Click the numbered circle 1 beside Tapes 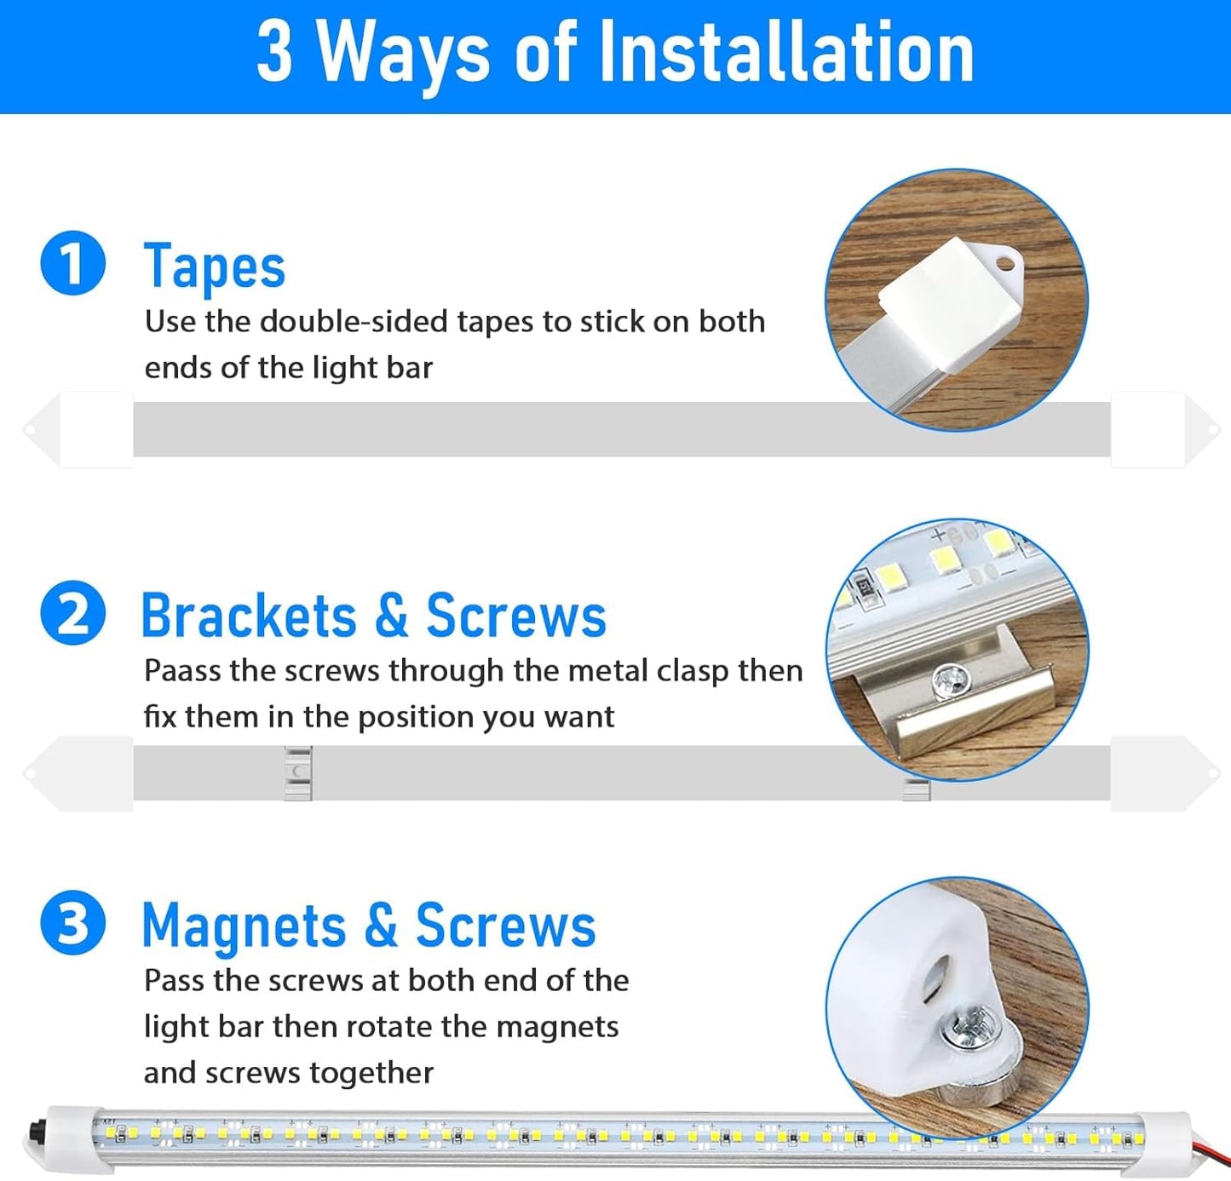pyautogui.click(x=72, y=263)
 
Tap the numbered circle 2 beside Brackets pyautogui.click(x=72, y=612)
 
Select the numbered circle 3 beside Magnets pyautogui.click(x=72, y=922)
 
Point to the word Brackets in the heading pyautogui.click(x=250, y=615)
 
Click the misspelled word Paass pyautogui.click(x=181, y=671)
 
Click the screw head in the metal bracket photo pyautogui.click(x=951, y=681)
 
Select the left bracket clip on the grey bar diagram pyautogui.click(x=297, y=773)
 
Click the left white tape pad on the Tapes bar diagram pyautogui.click(x=96, y=430)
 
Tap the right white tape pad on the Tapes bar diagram pyautogui.click(x=1148, y=430)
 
